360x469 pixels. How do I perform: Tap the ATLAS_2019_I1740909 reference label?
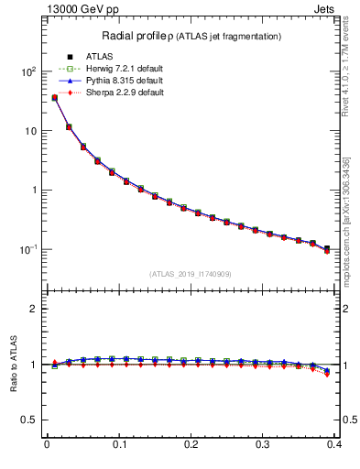pyautogui.click(x=190, y=273)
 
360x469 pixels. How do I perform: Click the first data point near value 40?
pyautogui.click(x=54, y=97)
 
